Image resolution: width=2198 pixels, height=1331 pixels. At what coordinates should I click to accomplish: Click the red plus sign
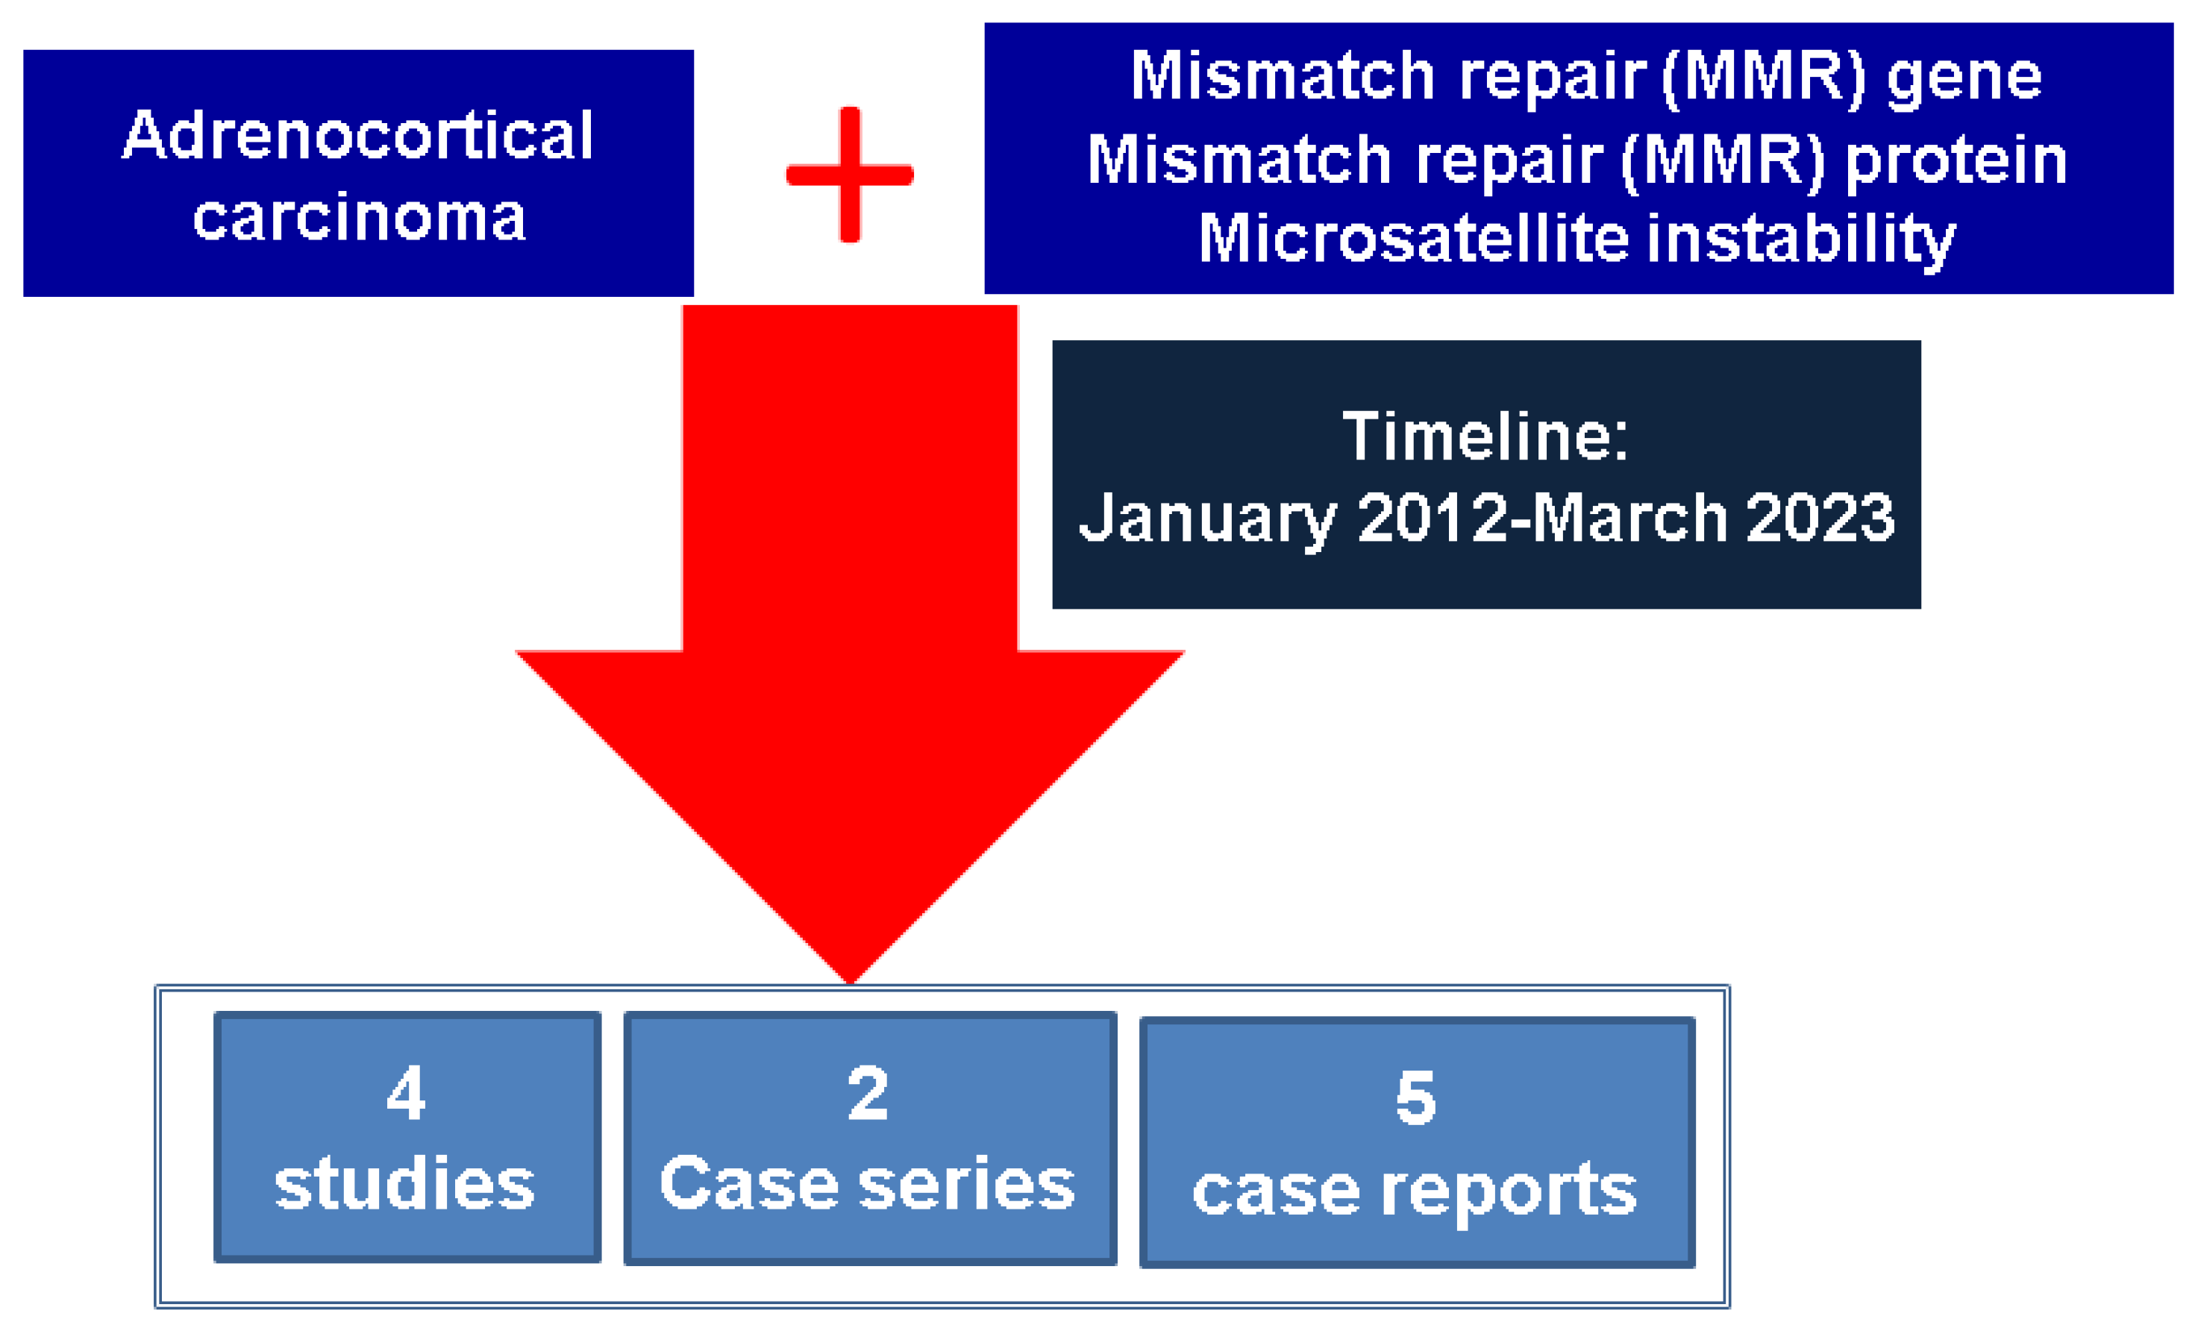[x=849, y=175]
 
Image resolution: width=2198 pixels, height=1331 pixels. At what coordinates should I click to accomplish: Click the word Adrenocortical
[x=357, y=136]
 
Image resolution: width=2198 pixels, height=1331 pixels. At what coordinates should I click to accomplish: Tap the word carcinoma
[x=359, y=218]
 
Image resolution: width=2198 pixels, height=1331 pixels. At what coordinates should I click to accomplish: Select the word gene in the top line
[x=1964, y=77]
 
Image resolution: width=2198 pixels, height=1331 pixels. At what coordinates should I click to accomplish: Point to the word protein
[x=1956, y=161]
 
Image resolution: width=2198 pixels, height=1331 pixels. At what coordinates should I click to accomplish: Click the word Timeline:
[x=1485, y=437]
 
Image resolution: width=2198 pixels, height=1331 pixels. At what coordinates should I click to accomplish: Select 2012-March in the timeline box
[x=1541, y=519]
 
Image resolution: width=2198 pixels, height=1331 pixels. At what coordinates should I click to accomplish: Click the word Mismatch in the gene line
[x=1282, y=77]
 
